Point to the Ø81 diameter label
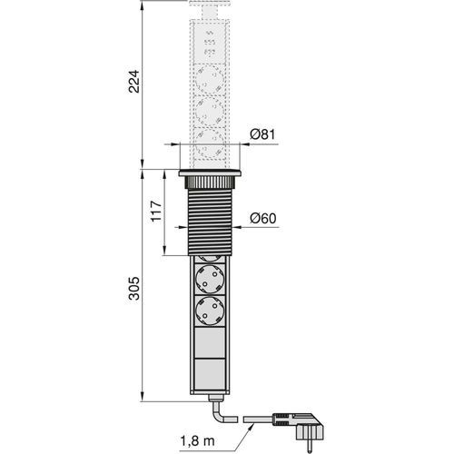(263, 134)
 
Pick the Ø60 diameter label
(263, 218)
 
